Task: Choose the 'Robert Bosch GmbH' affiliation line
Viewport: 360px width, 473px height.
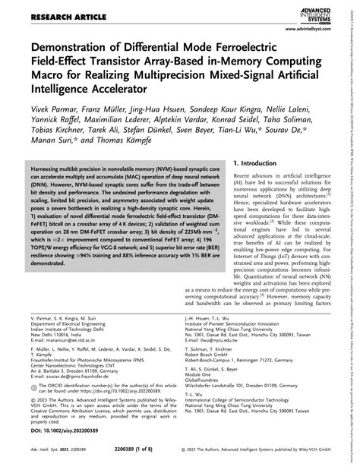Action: click(x=217, y=358)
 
